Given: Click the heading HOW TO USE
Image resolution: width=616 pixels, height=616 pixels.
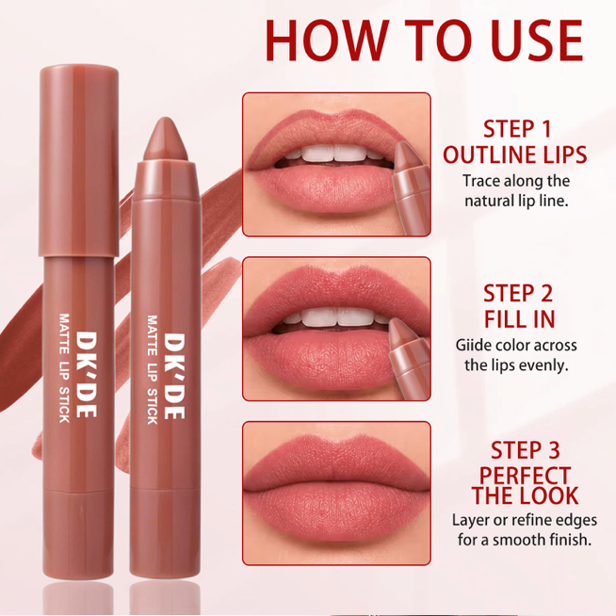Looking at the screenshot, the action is [424, 41].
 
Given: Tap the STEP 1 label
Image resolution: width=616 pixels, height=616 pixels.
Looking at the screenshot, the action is [517, 129].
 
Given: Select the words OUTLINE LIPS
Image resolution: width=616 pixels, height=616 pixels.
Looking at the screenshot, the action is [515, 154].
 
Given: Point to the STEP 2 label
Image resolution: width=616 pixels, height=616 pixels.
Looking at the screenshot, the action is [518, 294].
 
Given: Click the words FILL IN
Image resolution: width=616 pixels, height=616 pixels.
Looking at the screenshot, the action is [519, 318].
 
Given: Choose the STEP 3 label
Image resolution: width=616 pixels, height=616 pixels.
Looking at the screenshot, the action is [526, 450].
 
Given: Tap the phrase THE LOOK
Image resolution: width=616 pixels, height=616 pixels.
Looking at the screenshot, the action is [526, 495].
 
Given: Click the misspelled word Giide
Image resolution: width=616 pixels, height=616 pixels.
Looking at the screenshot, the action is [473, 346].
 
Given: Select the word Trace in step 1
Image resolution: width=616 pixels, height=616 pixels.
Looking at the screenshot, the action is [480, 181].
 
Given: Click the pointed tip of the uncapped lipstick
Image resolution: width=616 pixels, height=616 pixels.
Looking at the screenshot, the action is [166, 118].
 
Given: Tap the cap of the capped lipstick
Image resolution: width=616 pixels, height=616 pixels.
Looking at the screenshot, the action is [78, 161].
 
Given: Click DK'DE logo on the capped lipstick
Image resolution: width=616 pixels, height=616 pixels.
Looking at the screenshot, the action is [86, 374].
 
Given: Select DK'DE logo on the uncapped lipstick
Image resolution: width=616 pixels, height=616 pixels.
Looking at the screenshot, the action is [173, 377].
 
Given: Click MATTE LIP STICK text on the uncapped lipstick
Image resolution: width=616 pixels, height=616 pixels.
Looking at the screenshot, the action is [153, 369].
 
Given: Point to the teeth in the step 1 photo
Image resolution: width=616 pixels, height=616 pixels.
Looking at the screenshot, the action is [334, 154].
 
